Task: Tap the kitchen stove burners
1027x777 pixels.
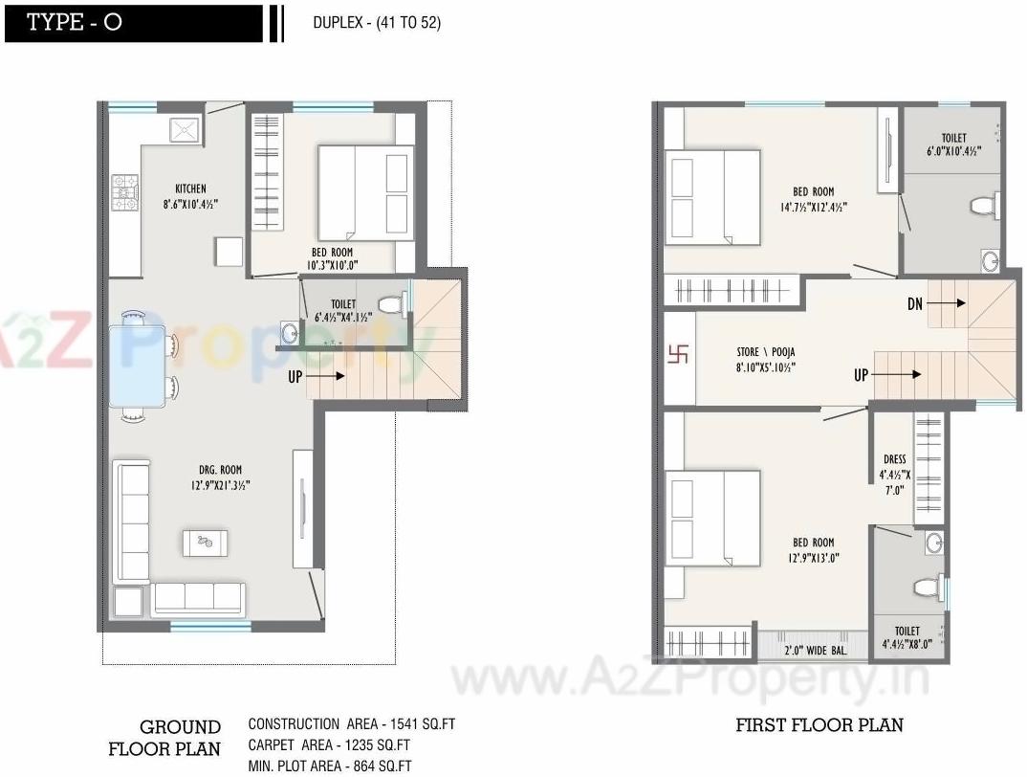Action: (124, 190)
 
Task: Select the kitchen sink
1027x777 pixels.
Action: (184, 130)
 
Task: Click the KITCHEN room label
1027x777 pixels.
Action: (190, 189)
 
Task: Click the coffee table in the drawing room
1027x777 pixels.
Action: (205, 542)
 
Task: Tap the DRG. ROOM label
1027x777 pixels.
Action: (221, 470)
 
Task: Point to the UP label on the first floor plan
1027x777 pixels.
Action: (862, 375)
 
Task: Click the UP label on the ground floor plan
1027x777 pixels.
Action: (296, 378)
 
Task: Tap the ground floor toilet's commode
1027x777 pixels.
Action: (389, 304)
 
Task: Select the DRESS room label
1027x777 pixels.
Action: (895, 460)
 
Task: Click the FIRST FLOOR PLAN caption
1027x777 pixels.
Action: (819, 725)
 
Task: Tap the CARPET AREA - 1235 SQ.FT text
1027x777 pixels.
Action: (329, 744)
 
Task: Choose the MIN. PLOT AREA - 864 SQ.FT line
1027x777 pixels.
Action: (330, 766)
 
